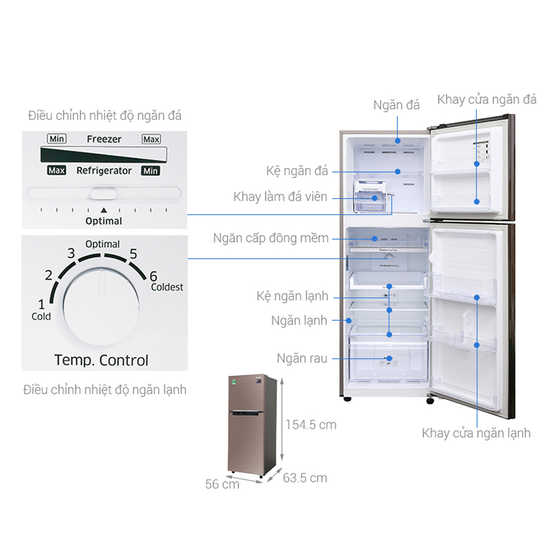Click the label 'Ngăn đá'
[x=396, y=105]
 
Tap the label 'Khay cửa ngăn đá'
[x=487, y=100]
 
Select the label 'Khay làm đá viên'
[x=280, y=197]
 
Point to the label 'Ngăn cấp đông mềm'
[x=271, y=238]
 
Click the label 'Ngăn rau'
[x=301, y=359]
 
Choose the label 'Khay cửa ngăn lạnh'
[x=476, y=433]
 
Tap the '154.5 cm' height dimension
[x=311, y=425]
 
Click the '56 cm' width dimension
[x=222, y=484]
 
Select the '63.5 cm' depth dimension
[x=305, y=478]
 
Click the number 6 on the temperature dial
[x=154, y=276]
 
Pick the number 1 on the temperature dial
[x=41, y=304]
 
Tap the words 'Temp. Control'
[x=102, y=360]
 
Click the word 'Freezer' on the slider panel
[x=104, y=139]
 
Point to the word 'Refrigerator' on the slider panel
[x=104, y=171]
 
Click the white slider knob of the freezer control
[x=104, y=194]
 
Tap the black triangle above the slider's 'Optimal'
[x=103, y=210]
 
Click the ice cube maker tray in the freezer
[x=369, y=197]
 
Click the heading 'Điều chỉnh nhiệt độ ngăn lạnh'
[x=105, y=390]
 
